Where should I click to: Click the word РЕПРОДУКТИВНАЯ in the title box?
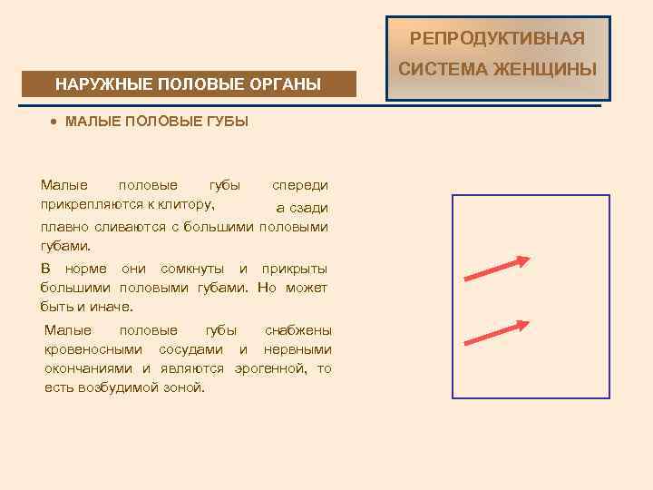tap(497, 38)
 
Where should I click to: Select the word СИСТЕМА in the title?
tap(447, 69)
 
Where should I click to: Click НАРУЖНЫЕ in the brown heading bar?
tap(102, 85)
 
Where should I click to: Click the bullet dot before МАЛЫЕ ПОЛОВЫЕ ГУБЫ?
tap(55, 121)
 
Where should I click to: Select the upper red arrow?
tap(496, 269)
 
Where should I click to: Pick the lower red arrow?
tap(496, 332)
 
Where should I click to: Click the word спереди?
tap(300, 185)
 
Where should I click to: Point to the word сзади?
tap(309, 208)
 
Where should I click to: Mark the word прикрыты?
tap(295, 269)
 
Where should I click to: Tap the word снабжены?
tap(298, 330)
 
